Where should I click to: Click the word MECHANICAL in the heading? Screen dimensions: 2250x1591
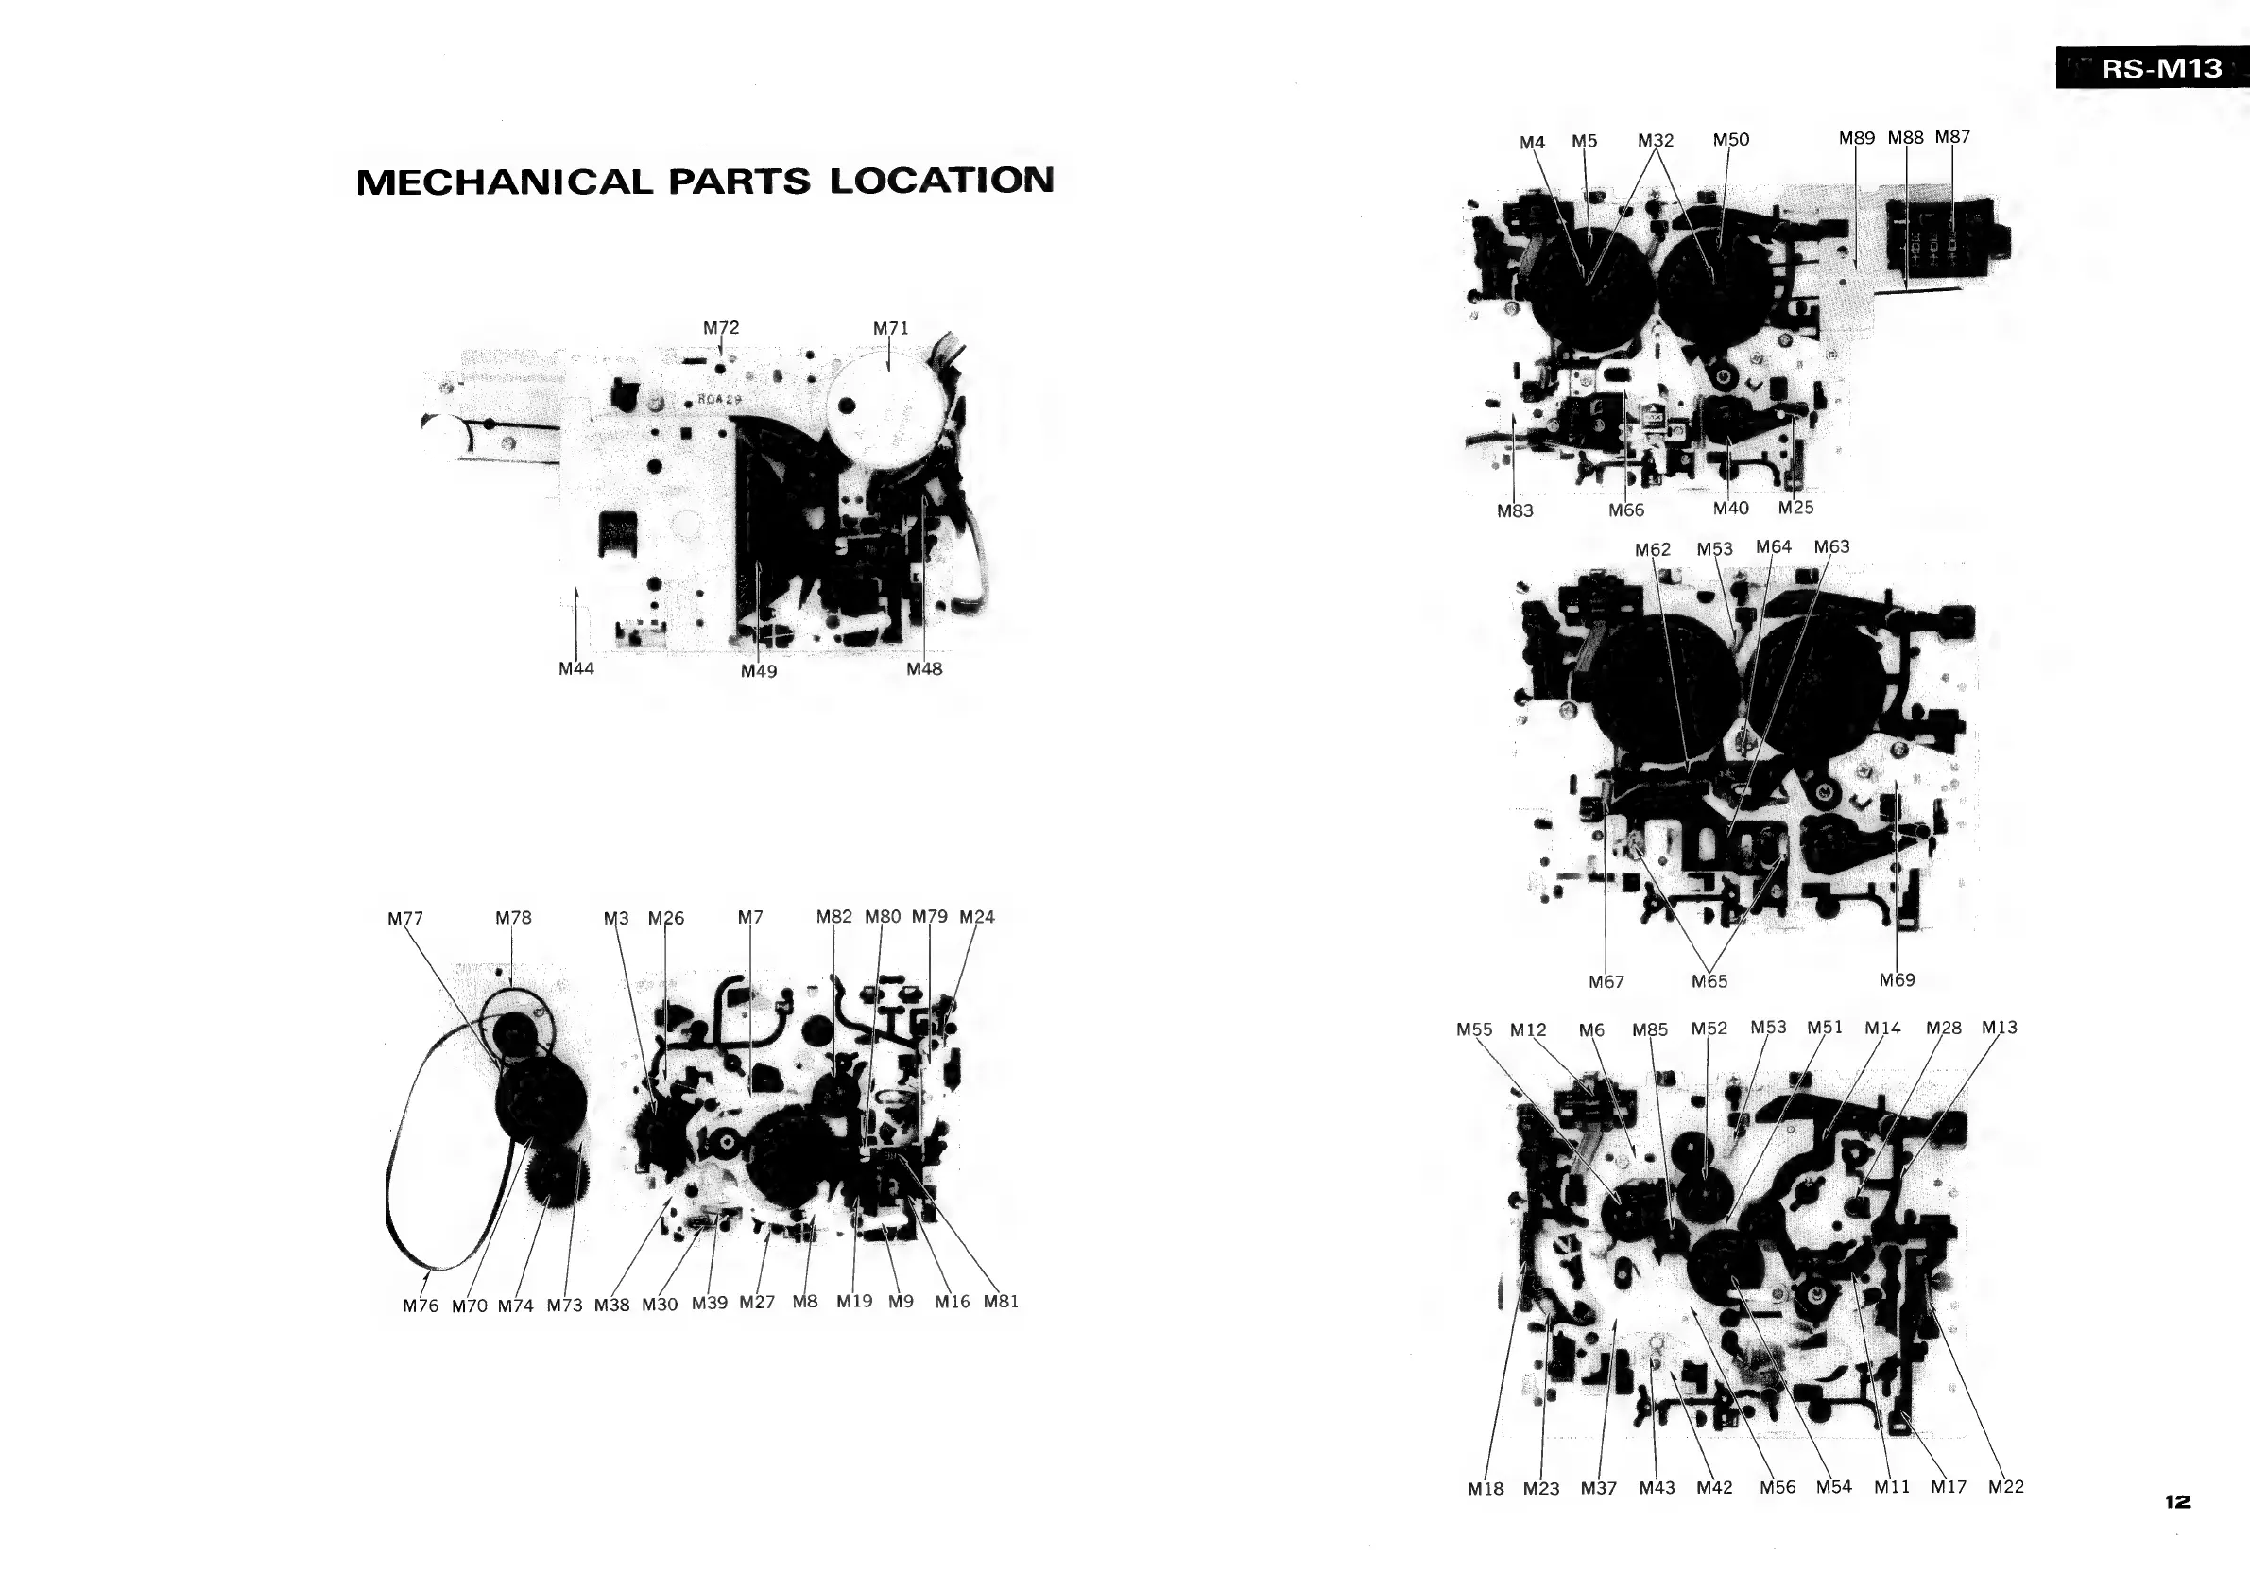[504, 182]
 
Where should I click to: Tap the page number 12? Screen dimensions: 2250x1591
[2177, 1502]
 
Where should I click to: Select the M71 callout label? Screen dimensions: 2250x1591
[891, 328]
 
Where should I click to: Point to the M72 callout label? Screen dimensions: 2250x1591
[721, 327]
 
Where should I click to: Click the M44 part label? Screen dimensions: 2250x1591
[576, 668]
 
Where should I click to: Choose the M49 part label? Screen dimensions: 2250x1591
[759, 670]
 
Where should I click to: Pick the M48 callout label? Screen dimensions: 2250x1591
[924, 668]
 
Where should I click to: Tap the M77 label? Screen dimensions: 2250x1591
[404, 919]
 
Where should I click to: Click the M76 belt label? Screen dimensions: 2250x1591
[421, 1305]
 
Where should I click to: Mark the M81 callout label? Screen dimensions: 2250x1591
[1001, 1301]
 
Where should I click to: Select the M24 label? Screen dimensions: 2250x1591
[976, 917]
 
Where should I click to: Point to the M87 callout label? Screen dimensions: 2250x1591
[1952, 137]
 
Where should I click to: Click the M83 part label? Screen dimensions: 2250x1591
[1515, 510]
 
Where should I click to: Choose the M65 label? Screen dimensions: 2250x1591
[1709, 981]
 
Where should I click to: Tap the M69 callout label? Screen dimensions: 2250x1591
[1897, 979]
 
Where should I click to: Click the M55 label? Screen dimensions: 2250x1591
[1474, 1029]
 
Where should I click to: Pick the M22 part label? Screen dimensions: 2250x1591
[2006, 1486]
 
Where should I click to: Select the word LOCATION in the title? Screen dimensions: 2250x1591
[942, 181]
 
